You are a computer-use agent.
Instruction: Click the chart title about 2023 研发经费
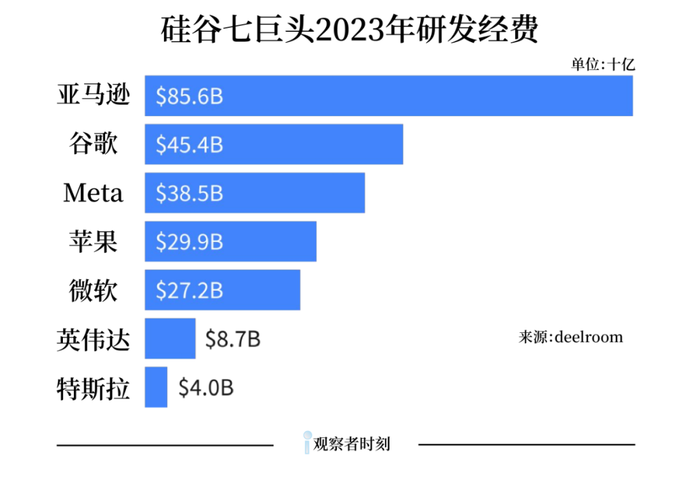pyautogui.click(x=349, y=31)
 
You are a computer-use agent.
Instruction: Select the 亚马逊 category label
pyautogui.click(x=93, y=96)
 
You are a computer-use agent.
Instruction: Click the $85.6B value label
pyautogui.click(x=189, y=97)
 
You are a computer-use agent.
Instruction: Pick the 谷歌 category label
pyautogui.click(x=93, y=144)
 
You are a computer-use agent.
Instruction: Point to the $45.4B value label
pyautogui.click(x=189, y=145)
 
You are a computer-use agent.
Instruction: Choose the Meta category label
pyautogui.click(x=93, y=193)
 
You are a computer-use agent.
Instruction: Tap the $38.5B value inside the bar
pyautogui.click(x=189, y=193)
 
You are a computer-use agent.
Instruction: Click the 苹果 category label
pyautogui.click(x=93, y=241)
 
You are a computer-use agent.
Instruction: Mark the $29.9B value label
pyautogui.click(x=189, y=242)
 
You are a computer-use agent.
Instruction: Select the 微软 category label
pyautogui.click(x=93, y=290)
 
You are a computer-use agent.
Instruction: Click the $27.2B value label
pyautogui.click(x=189, y=291)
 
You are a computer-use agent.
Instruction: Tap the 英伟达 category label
pyautogui.click(x=93, y=339)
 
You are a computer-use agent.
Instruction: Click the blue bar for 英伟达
pyautogui.click(x=170, y=339)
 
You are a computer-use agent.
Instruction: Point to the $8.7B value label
pyautogui.click(x=233, y=339)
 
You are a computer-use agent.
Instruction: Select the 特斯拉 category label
pyautogui.click(x=93, y=387)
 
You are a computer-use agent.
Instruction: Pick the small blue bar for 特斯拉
pyautogui.click(x=156, y=387)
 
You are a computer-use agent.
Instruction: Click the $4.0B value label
pyautogui.click(x=205, y=388)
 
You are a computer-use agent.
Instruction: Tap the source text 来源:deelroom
pyautogui.click(x=570, y=337)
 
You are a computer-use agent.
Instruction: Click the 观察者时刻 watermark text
pyautogui.click(x=351, y=445)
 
